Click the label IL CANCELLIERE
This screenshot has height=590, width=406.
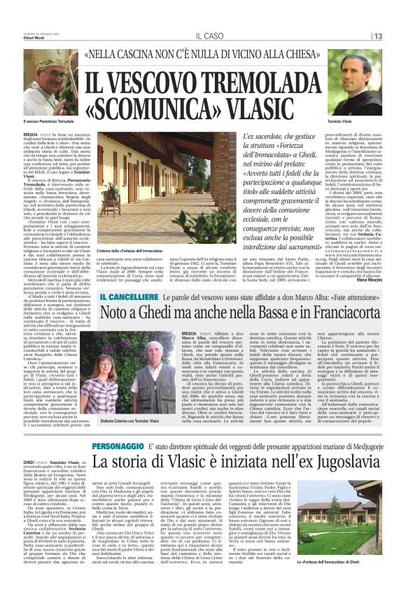[127, 299]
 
